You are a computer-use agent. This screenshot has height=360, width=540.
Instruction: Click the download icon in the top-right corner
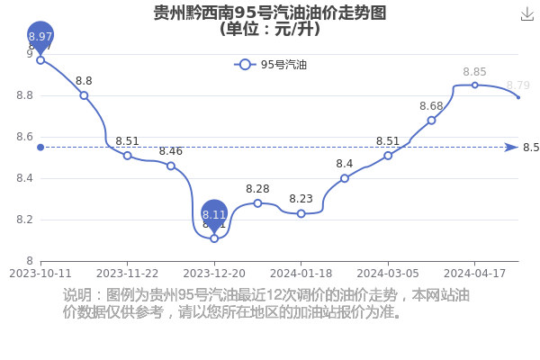(526, 14)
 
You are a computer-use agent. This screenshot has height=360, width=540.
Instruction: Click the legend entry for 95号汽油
(270, 65)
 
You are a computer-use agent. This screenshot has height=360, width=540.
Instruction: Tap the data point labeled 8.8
(84, 95)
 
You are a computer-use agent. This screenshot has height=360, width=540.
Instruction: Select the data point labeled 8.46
(171, 166)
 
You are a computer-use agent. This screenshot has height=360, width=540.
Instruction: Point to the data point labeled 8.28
(257, 203)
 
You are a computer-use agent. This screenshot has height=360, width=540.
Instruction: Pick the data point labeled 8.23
(301, 213)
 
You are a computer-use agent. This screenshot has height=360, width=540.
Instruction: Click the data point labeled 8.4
(345, 178)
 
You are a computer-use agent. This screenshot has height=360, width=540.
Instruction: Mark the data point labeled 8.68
(431, 121)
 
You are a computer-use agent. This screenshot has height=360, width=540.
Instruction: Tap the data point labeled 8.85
(474, 85)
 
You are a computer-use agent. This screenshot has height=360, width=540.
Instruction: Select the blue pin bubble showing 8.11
(214, 214)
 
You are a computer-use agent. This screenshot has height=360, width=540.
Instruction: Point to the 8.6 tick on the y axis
(25, 137)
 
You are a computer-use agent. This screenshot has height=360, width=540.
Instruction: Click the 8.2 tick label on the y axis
(25, 220)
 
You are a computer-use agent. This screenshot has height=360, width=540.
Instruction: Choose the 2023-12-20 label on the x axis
(214, 274)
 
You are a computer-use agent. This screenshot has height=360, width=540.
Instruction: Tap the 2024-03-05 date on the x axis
(388, 274)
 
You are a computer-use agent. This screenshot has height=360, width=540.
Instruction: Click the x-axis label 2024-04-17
(474, 274)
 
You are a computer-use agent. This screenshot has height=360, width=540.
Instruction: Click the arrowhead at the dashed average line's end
(512, 148)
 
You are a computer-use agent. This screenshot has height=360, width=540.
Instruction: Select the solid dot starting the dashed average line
(40, 148)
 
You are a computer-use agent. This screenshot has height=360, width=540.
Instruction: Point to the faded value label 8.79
(518, 85)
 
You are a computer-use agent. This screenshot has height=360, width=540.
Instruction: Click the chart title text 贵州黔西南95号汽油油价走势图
(270, 13)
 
